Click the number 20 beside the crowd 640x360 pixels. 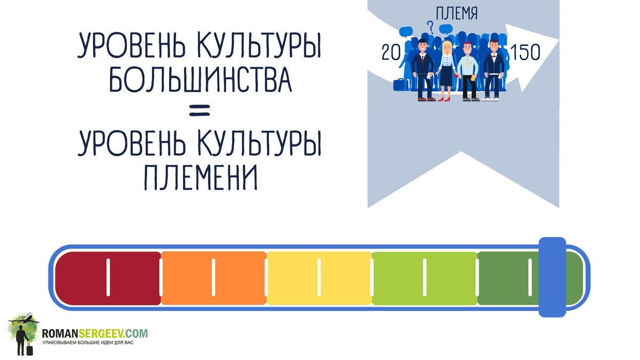(391, 52)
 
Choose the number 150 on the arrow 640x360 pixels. (525, 52)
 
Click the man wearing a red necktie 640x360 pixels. (424, 69)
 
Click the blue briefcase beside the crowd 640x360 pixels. (399, 84)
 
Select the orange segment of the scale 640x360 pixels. (213, 278)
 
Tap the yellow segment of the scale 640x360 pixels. (319, 278)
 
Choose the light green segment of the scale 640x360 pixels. (425, 278)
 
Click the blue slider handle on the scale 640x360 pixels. (552, 277)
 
